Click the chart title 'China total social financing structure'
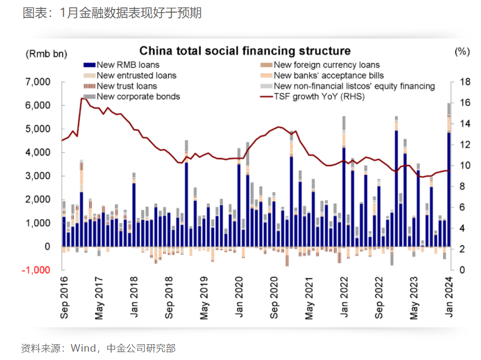pos(244,51)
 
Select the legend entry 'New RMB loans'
pos(122,65)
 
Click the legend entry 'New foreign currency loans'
pos(327,65)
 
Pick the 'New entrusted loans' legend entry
pos(129,75)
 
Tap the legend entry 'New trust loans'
pos(127,86)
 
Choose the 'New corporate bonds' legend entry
pos(138,96)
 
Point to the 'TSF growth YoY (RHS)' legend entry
pos(319,96)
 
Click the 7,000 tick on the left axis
pos(37,82)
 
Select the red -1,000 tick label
pos(36,270)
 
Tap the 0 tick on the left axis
pos(47,247)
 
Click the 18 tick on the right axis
pos(464,82)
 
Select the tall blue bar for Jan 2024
pos(449,190)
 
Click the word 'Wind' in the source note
pos(83,348)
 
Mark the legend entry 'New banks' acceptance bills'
pos(329,75)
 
